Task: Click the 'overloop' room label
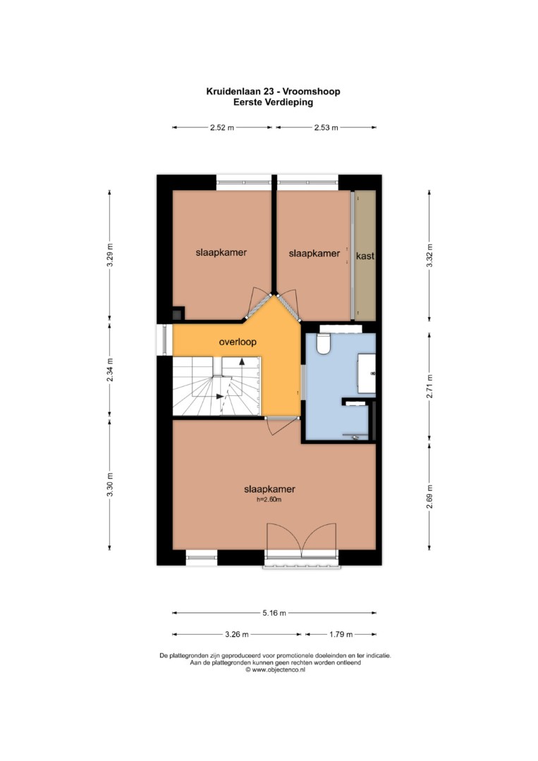(x=238, y=342)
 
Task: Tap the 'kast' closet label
(x=365, y=256)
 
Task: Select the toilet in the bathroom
(x=323, y=344)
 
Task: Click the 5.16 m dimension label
(x=274, y=613)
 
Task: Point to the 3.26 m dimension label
(x=237, y=634)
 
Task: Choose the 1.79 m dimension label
(x=341, y=634)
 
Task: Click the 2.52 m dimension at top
(x=222, y=128)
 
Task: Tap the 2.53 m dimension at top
(x=326, y=128)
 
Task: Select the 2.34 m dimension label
(x=110, y=369)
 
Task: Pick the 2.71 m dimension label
(x=429, y=386)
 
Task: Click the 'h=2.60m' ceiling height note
(x=269, y=500)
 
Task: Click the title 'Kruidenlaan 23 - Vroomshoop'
(x=273, y=91)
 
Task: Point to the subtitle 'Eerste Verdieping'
(x=273, y=102)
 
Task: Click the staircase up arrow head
(x=242, y=361)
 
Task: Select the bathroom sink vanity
(x=367, y=373)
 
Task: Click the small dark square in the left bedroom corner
(x=177, y=314)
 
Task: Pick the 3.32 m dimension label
(x=429, y=255)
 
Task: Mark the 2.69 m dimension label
(x=429, y=497)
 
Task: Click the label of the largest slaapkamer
(x=269, y=489)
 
